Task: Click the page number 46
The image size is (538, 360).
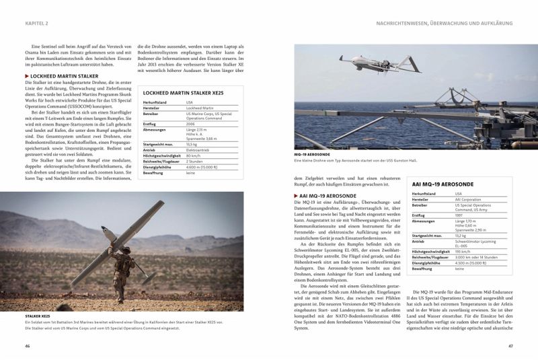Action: click(x=28, y=346)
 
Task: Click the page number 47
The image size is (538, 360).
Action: click(x=511, y=346)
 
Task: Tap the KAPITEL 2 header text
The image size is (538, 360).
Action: click(x=37, y=23)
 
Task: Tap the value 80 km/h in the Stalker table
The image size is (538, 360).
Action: click(x=194, y=155)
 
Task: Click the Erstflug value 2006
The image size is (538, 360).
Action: click(x=192, y=124)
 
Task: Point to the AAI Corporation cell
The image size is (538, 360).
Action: click(x=468, y=199)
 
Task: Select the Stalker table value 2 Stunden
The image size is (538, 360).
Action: click(x=196, y=161)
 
